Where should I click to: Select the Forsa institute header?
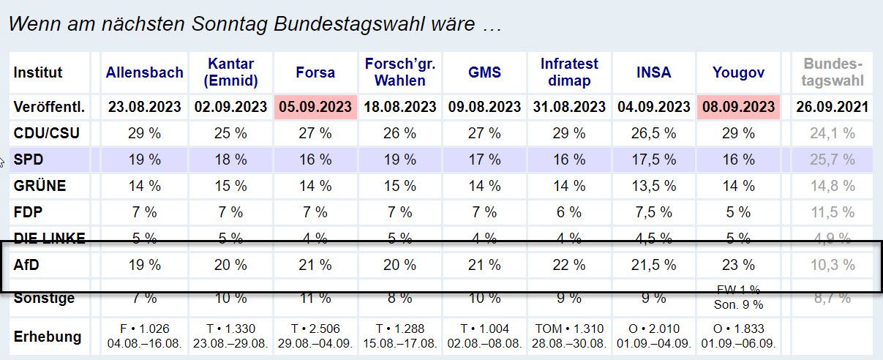(315, 72)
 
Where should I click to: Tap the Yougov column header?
(738, 72)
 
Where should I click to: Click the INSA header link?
(653, 72)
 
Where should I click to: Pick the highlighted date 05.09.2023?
(315, 107)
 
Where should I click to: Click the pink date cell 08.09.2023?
(738, 107)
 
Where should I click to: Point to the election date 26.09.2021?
(832, 107)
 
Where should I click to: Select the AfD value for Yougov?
(738, 265)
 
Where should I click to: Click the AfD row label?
(28, 265)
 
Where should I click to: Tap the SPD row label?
(29, 160)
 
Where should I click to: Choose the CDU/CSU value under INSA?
(653, 133)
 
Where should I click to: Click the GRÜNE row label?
(40, 186)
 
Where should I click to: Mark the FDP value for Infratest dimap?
(569, 212)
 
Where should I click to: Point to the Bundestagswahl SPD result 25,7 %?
(832, 160)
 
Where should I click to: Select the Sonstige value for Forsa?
(315, 298)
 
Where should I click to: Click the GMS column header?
(484, 72)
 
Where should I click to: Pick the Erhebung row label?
(48, 337)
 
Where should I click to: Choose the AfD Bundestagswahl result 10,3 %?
(832, 265)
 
